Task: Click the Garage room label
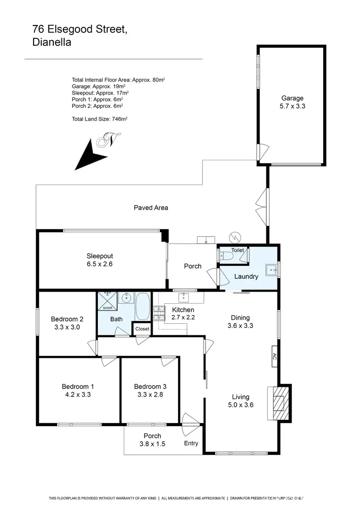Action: click(292, 98)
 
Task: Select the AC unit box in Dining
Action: click(275, 356)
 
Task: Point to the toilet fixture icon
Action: click(227, 257)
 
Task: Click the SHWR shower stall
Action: click(106, 301)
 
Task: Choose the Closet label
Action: click(142, 329)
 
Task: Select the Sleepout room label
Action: click(100, 256)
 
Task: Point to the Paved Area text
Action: click(151, 208)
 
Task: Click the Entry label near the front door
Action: click(191, 443)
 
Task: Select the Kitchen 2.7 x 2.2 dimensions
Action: click(183, 317)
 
